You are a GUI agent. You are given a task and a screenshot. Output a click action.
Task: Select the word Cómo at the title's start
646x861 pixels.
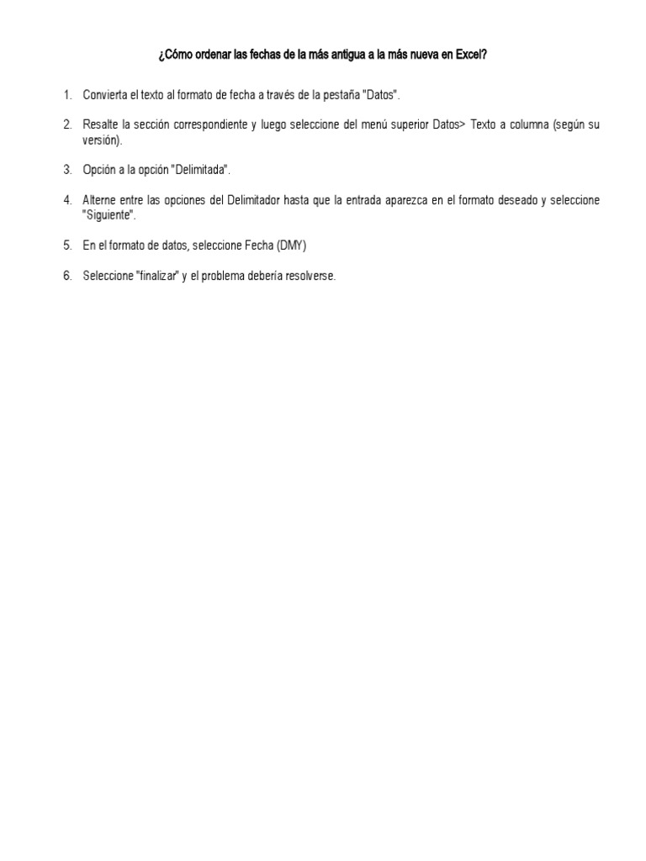click(178, 55)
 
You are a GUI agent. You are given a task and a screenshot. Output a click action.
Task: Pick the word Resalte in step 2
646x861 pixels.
click(100, 124)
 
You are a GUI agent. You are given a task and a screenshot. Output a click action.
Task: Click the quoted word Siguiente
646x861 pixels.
click(108, 215)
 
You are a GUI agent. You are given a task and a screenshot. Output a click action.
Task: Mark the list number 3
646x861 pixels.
click(66, 170)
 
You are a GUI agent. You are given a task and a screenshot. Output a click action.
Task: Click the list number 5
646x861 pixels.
click(66, 246)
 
